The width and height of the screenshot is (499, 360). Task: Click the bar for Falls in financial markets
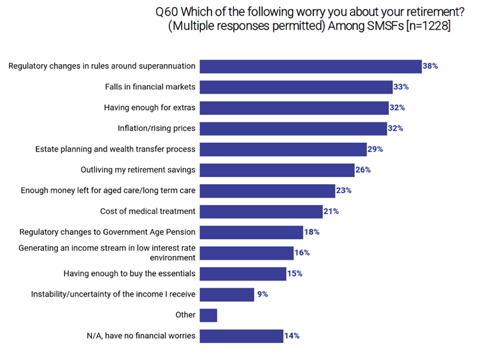point(296,87)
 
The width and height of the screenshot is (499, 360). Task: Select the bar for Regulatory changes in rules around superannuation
point(311,66)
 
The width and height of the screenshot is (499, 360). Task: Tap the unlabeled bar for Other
point(208,315)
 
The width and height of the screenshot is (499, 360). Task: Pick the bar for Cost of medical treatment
point(261,211)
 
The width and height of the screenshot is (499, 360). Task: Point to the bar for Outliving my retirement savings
point(277,170)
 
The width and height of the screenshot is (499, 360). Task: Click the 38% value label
point(431,66)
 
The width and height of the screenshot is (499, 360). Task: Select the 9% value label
point(262,295)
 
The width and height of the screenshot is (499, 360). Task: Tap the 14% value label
point(292,336)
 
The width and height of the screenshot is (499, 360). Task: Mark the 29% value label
point(376,149)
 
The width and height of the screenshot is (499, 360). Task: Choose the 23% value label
point(344,191)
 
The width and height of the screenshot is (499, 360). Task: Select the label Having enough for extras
point(150,108)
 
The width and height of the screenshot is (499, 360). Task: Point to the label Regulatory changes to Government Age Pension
point(107,232)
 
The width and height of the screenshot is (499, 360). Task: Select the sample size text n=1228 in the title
point(423,26)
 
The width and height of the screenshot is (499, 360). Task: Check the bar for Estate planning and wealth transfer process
point(283,149)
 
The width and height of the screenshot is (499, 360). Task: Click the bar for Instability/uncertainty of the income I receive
point(227,295)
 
